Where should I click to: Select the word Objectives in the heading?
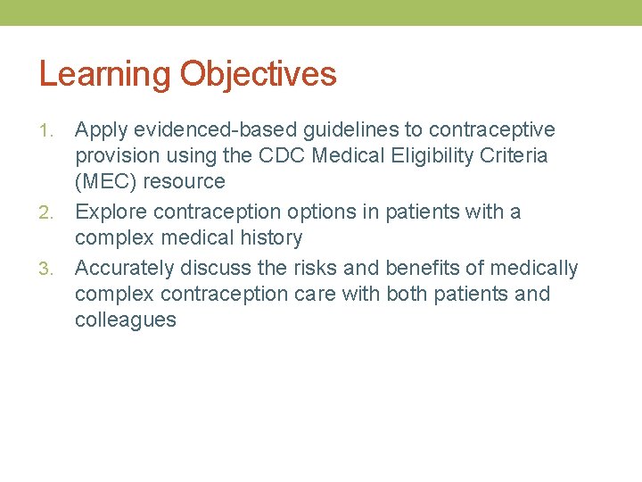259,75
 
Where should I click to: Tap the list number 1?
49,131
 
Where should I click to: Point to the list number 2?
49,213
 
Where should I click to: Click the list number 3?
49,269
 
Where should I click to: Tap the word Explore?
111,212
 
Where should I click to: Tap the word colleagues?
126,320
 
